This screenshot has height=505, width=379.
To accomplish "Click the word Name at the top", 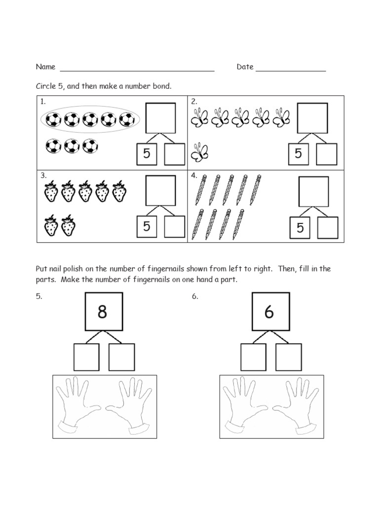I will point(45,67).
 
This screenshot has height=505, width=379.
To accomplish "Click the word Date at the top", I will point(245,67).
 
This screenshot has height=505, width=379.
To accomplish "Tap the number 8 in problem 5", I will point(102,312).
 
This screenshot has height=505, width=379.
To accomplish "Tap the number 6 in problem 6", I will point(269,312).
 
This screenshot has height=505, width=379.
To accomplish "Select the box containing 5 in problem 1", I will point(147,154).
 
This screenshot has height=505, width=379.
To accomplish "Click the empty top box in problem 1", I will point(160,117).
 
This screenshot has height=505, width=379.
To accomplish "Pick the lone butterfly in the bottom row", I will point(200,152).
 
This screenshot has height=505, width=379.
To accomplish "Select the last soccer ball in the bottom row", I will point(90,146).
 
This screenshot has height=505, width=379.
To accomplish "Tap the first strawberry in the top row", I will point(51,191).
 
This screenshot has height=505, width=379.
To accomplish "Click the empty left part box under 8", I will point(86,357).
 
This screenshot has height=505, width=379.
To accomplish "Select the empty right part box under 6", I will point(288,357).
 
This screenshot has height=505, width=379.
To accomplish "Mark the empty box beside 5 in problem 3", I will point(175,227).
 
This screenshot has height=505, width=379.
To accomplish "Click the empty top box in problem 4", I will point(314,191).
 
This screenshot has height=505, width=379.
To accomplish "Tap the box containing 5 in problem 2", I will point(298,154).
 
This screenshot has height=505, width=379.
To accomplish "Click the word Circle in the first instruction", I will point(45,86).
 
